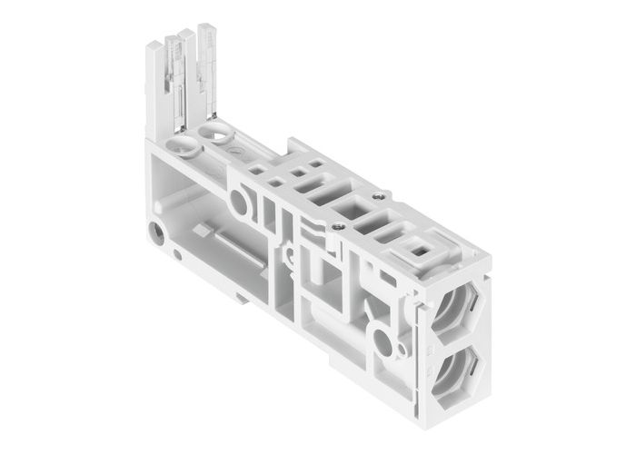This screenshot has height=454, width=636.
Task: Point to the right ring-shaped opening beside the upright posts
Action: (219, 136)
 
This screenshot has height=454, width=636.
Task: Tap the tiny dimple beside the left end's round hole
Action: (177, 255)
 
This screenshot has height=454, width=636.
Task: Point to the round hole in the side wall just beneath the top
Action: (240, 202)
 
